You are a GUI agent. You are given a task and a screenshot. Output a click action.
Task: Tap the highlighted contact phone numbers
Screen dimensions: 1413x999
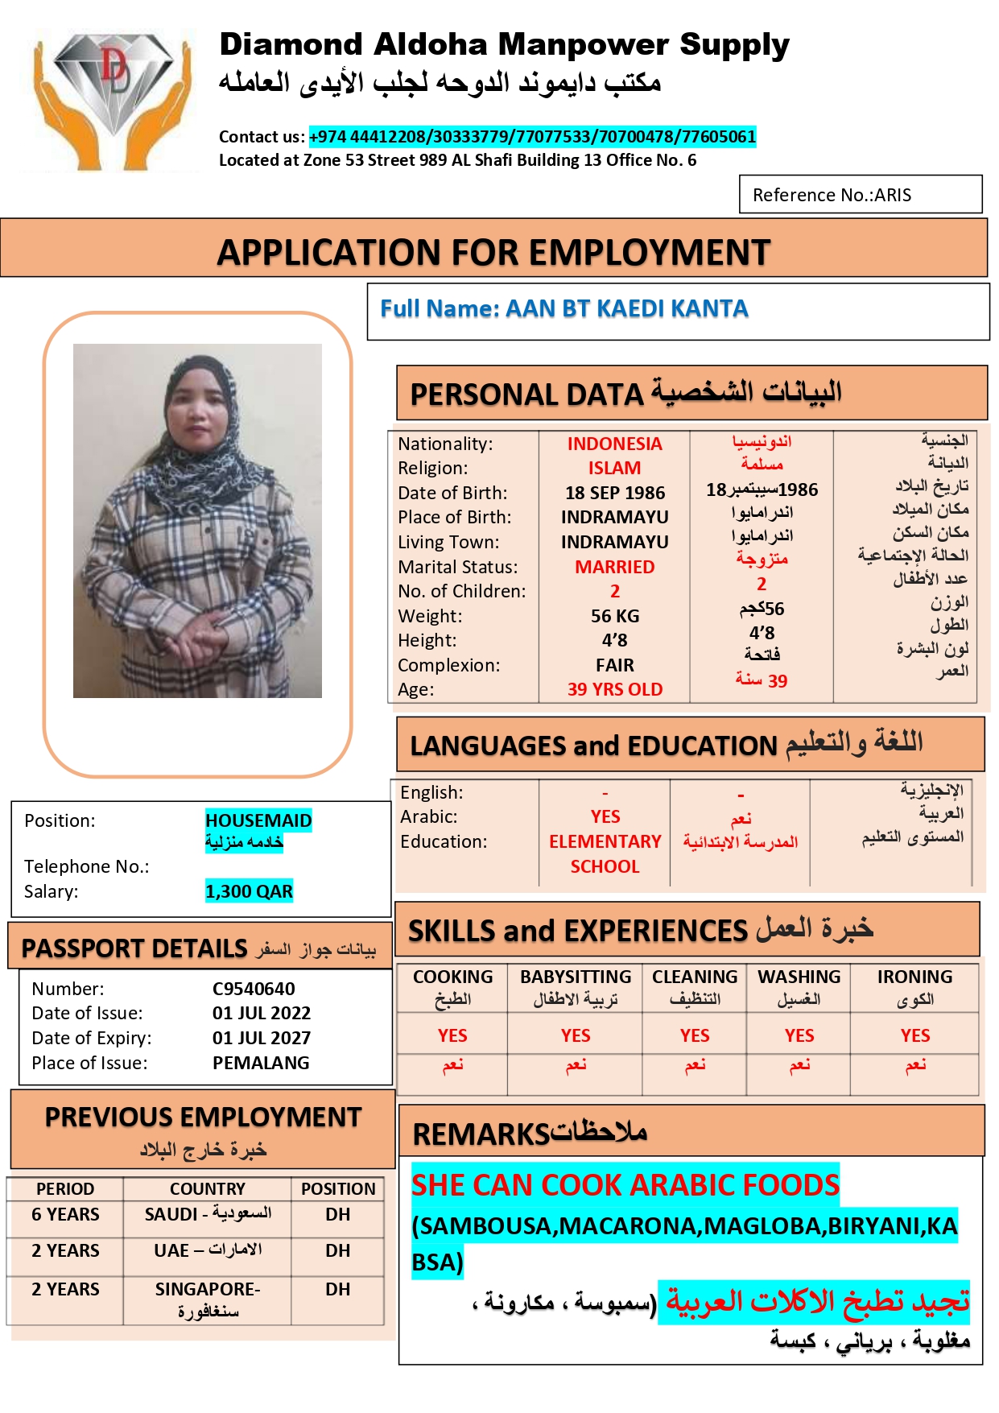pos(532,137)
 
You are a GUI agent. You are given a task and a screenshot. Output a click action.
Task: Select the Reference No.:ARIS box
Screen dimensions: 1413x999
pos(860,195)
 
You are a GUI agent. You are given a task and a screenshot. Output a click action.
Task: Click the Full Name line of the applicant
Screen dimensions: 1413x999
pos(563,309)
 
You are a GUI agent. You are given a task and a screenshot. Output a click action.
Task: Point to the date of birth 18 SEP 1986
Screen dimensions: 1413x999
pos(615,493)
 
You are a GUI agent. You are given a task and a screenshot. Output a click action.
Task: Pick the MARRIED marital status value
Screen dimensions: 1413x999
pos(615,567)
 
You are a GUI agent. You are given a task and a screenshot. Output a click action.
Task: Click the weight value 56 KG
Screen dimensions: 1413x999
pos(615,616)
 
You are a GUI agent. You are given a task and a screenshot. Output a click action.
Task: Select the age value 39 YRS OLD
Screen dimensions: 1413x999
pos(615,689)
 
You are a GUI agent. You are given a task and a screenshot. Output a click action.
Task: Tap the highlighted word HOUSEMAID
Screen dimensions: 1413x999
pos(258,820)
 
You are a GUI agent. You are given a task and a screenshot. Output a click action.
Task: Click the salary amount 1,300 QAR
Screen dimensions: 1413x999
pos(249,891)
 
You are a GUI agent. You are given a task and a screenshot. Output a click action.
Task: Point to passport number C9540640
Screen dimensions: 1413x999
pos(254,989)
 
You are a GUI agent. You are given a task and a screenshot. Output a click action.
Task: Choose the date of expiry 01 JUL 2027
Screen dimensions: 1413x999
pos(261,1038)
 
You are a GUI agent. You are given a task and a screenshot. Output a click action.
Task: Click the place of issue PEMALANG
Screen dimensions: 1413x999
pos(261,1063)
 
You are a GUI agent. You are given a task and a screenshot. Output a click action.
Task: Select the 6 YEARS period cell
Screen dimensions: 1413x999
pos(65,1214)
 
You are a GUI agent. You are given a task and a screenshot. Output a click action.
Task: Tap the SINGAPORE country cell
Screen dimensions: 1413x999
pos(208,1297)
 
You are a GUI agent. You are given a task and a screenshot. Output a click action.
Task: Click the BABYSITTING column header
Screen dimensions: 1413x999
pos(576,977)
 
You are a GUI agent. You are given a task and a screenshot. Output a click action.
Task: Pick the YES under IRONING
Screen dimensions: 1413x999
pos(915,1035)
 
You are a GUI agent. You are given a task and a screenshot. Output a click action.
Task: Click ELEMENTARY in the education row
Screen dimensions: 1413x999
pos(605,841)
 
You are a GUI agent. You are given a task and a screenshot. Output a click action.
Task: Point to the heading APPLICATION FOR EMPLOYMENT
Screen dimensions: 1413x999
pos(493,253)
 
